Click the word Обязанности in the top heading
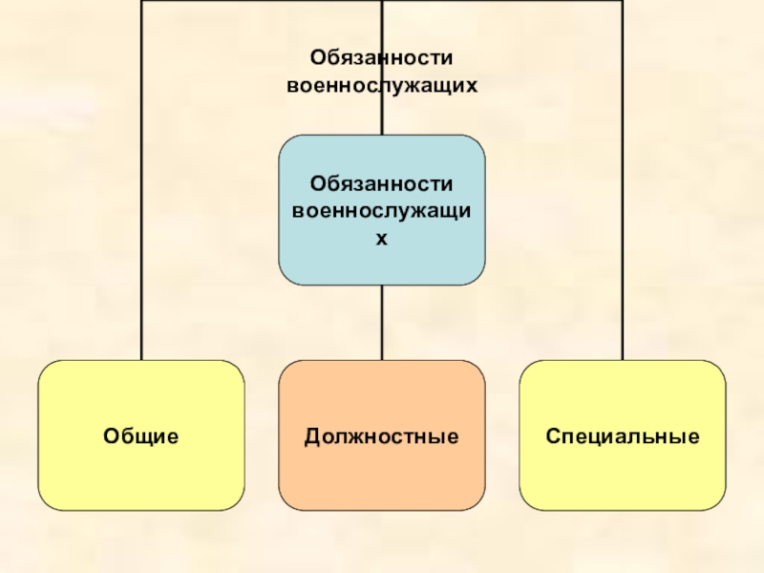click(x=381, y=59)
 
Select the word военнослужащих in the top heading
click(x=381, y=85)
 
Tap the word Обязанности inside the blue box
click(x=381, y=181)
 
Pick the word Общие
click(x=141, y=436)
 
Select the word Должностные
click(x=381, y=436)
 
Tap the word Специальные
click(x=623, y=436)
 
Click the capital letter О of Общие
click(x=110, y=436)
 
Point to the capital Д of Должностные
click(x=311, y=437)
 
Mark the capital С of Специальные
click(x=552, y=436)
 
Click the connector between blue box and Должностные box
click(x=381, y=322)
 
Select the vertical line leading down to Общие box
click(x=141, y=191)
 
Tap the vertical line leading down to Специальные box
click(x=623, y=191)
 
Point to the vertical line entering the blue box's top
click(x=381, y=95)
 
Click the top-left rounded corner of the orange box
click(x=286, y=368)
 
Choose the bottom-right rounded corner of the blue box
click(x=477, y=278)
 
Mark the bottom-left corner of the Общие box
click(x=45, y=503)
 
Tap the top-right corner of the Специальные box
click(x=718, y=368)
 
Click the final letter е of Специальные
click(x=694, y=437)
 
